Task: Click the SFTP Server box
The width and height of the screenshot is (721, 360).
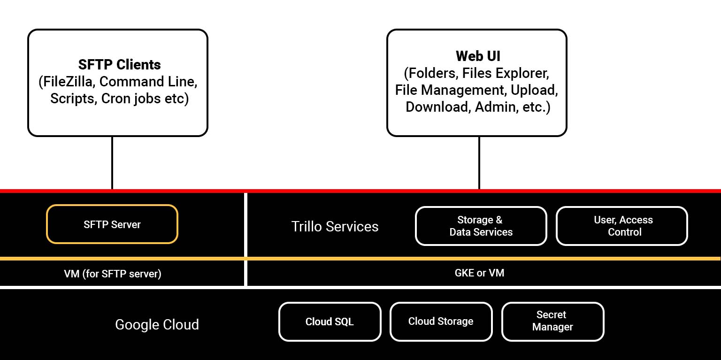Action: tap(112, 224)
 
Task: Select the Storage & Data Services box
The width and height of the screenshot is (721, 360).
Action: tap(481, 226)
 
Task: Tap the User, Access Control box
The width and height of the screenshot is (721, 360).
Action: tap(622, 226)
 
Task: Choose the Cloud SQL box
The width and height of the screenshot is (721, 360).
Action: tap(330, 322)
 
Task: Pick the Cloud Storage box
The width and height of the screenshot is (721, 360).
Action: tap(441, 322)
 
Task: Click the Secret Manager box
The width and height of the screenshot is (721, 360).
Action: tap(552, 321)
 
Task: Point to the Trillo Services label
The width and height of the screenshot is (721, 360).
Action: tap(335, 227)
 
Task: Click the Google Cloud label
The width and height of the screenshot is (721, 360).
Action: tap(157, 324)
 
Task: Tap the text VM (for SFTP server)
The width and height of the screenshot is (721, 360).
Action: tap(113, 274)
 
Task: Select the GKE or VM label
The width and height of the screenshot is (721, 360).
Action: tap(479, 273)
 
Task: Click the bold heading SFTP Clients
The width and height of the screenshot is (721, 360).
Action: tap(119, 65)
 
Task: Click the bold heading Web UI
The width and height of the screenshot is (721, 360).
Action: tap(478, 56)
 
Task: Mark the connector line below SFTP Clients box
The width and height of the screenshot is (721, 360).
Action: tap(112, 163)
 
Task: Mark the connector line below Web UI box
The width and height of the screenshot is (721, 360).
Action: tap(479, 163)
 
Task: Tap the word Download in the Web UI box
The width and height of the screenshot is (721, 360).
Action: tap(437, 107)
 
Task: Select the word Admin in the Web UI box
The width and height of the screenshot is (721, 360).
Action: tap(494, 107)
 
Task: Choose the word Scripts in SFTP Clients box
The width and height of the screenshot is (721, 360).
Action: tap(73, 99)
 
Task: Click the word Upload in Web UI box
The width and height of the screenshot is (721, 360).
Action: tap(534, 90)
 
